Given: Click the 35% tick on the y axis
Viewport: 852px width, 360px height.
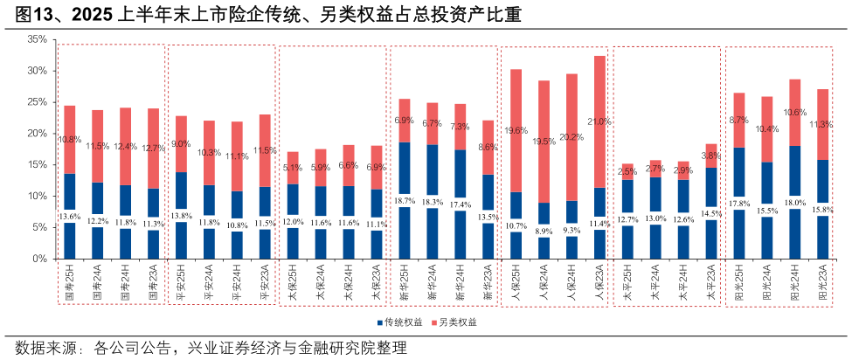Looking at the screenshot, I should [37, 39].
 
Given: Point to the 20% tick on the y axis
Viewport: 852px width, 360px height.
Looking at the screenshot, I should [37, 134].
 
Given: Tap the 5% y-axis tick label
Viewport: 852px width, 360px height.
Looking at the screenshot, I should [39, 228].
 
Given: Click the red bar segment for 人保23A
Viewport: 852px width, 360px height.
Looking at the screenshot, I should [599, 122].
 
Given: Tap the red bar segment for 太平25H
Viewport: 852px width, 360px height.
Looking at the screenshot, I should [627, 171].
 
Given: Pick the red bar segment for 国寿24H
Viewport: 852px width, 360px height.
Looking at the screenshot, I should [126, 146].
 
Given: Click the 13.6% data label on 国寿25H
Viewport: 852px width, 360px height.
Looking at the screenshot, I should [70, 217].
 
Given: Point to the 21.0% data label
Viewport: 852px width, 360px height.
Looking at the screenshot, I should [599, 121].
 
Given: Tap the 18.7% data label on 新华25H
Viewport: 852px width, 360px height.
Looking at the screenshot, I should [405, 201].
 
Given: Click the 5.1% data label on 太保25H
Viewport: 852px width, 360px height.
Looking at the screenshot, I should [293, 168].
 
